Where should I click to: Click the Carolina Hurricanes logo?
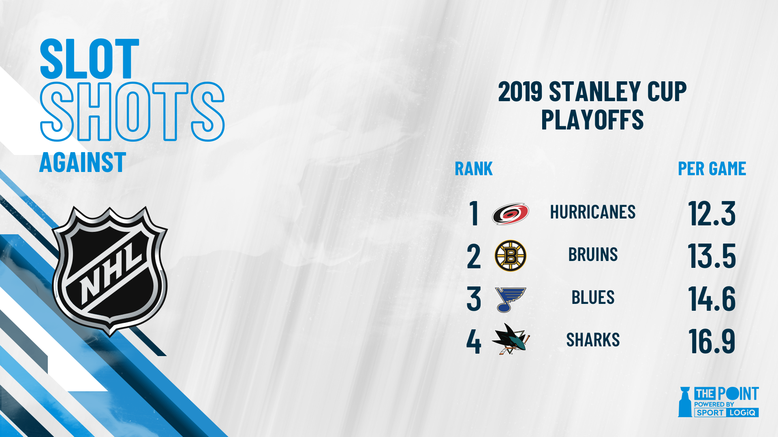click(x=511, y=214)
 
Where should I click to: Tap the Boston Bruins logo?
click(x=511, y=256)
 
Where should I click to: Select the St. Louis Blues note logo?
click(x=510, y=299)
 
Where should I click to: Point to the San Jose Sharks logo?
click(x=511, y=339)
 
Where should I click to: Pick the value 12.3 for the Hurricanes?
click(x=712, y=213)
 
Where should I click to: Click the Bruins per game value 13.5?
click(x=712, y=256)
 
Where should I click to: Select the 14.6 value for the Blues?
click(x=712, y=299)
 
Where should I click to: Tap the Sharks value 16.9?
click(x=712, y=341)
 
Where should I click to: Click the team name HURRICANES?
click(x=593, y=212)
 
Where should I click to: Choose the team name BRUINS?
click(x=593, y=255)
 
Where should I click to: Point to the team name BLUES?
click(x=593, y=297)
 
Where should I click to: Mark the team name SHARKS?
click(x=593, y=340)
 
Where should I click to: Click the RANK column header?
click(x=474, y=169)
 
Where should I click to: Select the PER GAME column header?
click(x=712, y=169)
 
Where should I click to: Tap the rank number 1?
click(x=474, y=213)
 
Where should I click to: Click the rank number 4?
click(x=474, y=342)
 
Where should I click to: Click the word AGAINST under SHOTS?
click(x=83, y=163)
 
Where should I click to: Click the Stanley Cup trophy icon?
click(x=685, y=402)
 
